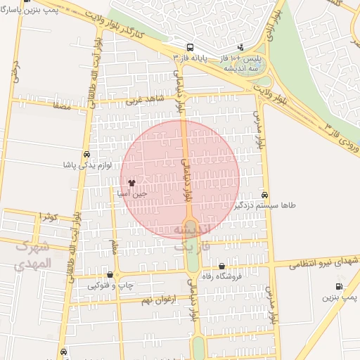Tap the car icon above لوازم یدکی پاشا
(x=86, y=155)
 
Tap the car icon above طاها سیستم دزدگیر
(x=264, y=194)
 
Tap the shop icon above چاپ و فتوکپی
(x=110, y=275)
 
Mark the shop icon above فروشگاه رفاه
(x=222, y=266)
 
